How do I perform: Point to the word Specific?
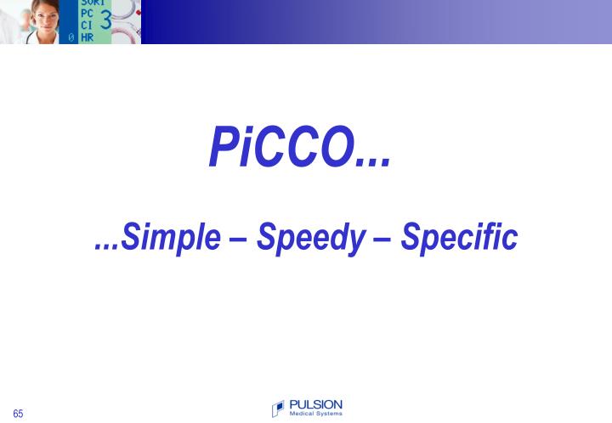pyautogui.click(x=459, y=237)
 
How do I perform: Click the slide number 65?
pyautogui.click(x=18, y=414)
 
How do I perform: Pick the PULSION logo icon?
pyautogui.click(x=278, y=409)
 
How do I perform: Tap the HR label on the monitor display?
pyautogui.click(x=87, y=37)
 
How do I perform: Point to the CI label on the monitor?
pyautogui.click(x=87, y=25)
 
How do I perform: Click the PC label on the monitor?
pyautogui.click(x=87, y=14)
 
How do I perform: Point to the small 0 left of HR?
pyautogui.click(x=71, y=38)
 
